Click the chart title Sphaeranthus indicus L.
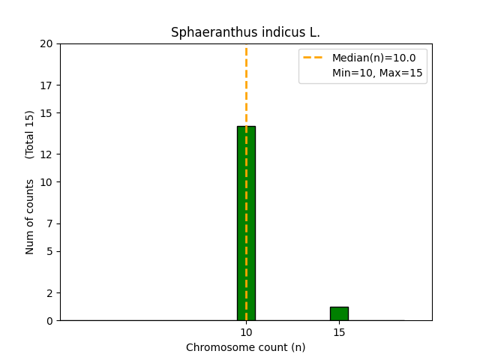click(245, 32)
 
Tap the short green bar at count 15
click(339, 313)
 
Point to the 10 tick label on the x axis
click(246, 332)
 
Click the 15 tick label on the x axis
click(339, 332)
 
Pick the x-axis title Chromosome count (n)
click(245, 347)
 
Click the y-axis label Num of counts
click(30, 217)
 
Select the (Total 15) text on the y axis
click(30, 134)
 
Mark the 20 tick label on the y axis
click(46, 43)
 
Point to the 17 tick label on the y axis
click(46, 85)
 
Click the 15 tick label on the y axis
click(46, 112)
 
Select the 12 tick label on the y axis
click(46, 154)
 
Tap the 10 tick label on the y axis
click(46, 182)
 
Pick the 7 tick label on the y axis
click(49, 223)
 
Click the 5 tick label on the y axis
click(49, 251)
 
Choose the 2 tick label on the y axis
click(49, 292)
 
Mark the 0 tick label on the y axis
click(49, 320)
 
